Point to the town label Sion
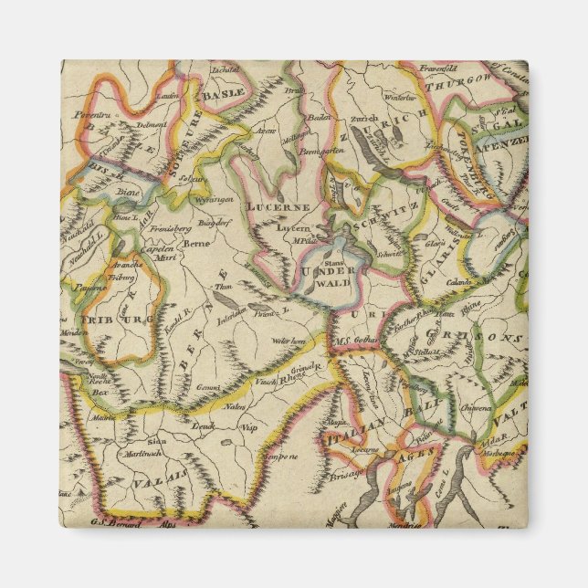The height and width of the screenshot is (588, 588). point(157,439)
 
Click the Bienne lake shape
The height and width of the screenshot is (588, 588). point(121,206)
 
